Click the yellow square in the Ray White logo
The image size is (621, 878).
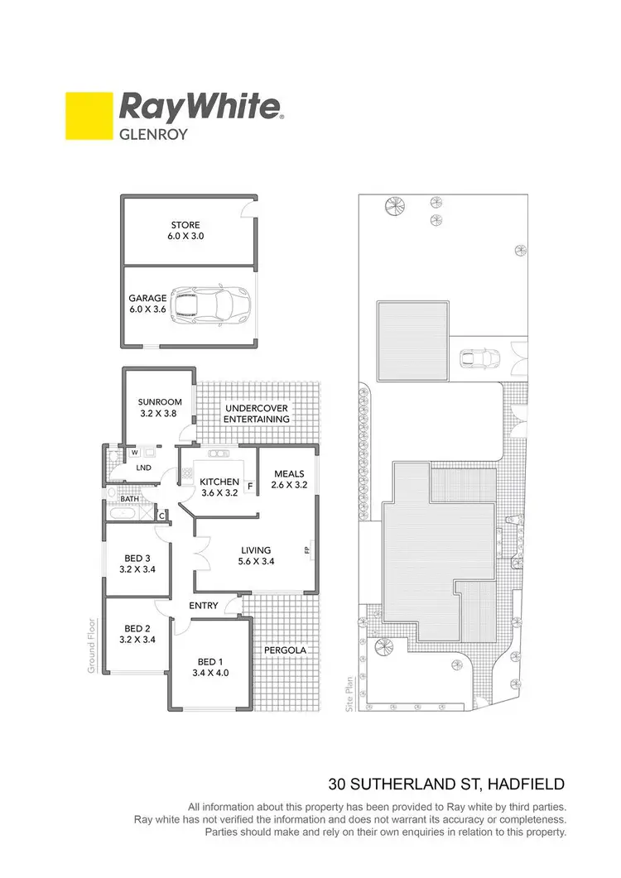(x=89, y=117)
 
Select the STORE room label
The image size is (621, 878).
(x=185, y=230)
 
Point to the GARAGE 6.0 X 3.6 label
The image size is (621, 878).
(x=147, y=304)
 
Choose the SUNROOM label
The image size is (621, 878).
(x=160, y=408)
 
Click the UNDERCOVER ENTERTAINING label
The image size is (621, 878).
(x=257, y=413)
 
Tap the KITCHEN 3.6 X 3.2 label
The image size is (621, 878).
(x=219, y=487)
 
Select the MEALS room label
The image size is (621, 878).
(x=290, y=479)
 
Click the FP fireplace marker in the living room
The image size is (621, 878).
(x=306, y=549)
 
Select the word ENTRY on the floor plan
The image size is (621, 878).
(x=204, y=606)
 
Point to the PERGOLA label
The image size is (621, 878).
(x=285, y=650)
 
